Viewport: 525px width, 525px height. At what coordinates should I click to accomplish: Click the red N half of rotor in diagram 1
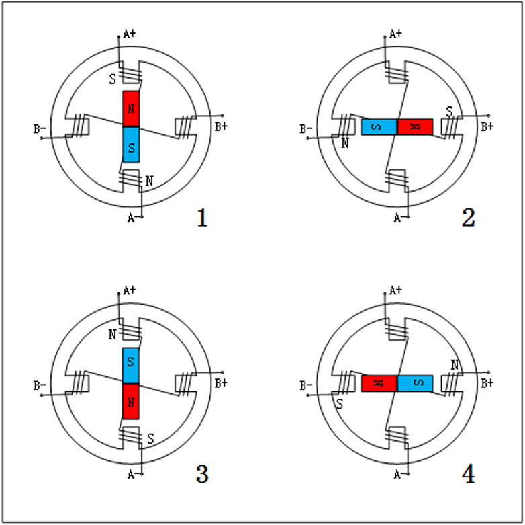point(131,108)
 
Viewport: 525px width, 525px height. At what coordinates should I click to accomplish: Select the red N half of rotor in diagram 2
point(415,126)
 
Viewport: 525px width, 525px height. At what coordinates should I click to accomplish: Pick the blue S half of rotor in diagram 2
point(379,126)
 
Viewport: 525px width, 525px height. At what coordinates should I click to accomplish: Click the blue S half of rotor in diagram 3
point(131,366)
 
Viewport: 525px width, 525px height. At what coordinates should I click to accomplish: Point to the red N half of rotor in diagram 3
point(131,401)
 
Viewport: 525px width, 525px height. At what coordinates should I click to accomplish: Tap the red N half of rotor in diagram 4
point(379,384)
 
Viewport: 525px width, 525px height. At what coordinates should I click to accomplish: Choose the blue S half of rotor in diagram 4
point(415,384)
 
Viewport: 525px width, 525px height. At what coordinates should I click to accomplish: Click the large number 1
point(201,218)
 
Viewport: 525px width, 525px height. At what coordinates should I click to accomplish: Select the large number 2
point(468,217)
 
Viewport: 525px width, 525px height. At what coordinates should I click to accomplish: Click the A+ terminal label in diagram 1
point(130,33)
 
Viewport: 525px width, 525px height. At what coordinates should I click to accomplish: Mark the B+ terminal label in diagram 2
point(486,126)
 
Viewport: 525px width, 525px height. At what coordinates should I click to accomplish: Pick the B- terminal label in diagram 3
point(40,386)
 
